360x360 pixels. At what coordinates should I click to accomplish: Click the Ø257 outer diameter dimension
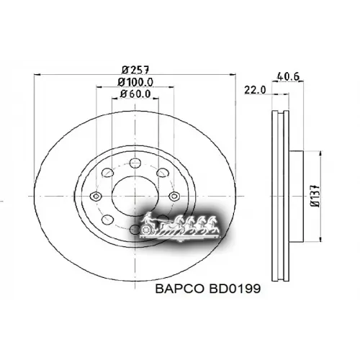135,70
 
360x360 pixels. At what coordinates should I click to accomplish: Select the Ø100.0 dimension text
135,82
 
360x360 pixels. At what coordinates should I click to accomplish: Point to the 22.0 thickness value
255,89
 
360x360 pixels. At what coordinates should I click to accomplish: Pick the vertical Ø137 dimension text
315,196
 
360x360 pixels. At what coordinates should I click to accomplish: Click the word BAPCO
176,289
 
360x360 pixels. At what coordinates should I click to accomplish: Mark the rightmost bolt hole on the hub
173,197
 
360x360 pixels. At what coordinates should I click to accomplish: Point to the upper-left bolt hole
106,173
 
